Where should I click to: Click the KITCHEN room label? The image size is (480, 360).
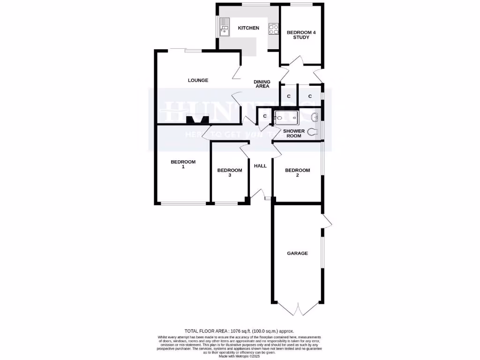coord(248,28)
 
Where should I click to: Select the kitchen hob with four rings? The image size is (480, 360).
coord(273,29)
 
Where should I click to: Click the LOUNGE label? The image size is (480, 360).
coord(198,80)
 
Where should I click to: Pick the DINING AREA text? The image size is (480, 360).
coord(262,84)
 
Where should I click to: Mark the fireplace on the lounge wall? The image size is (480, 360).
coord(197,120)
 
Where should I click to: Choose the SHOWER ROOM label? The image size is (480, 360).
coord(293,134)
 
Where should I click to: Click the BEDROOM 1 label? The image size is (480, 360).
coord(183,164)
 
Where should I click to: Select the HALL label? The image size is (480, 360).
coord(260,166)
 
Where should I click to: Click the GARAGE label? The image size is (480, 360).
coord(298,253)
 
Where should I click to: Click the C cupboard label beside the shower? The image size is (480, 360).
coord(265,116)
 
